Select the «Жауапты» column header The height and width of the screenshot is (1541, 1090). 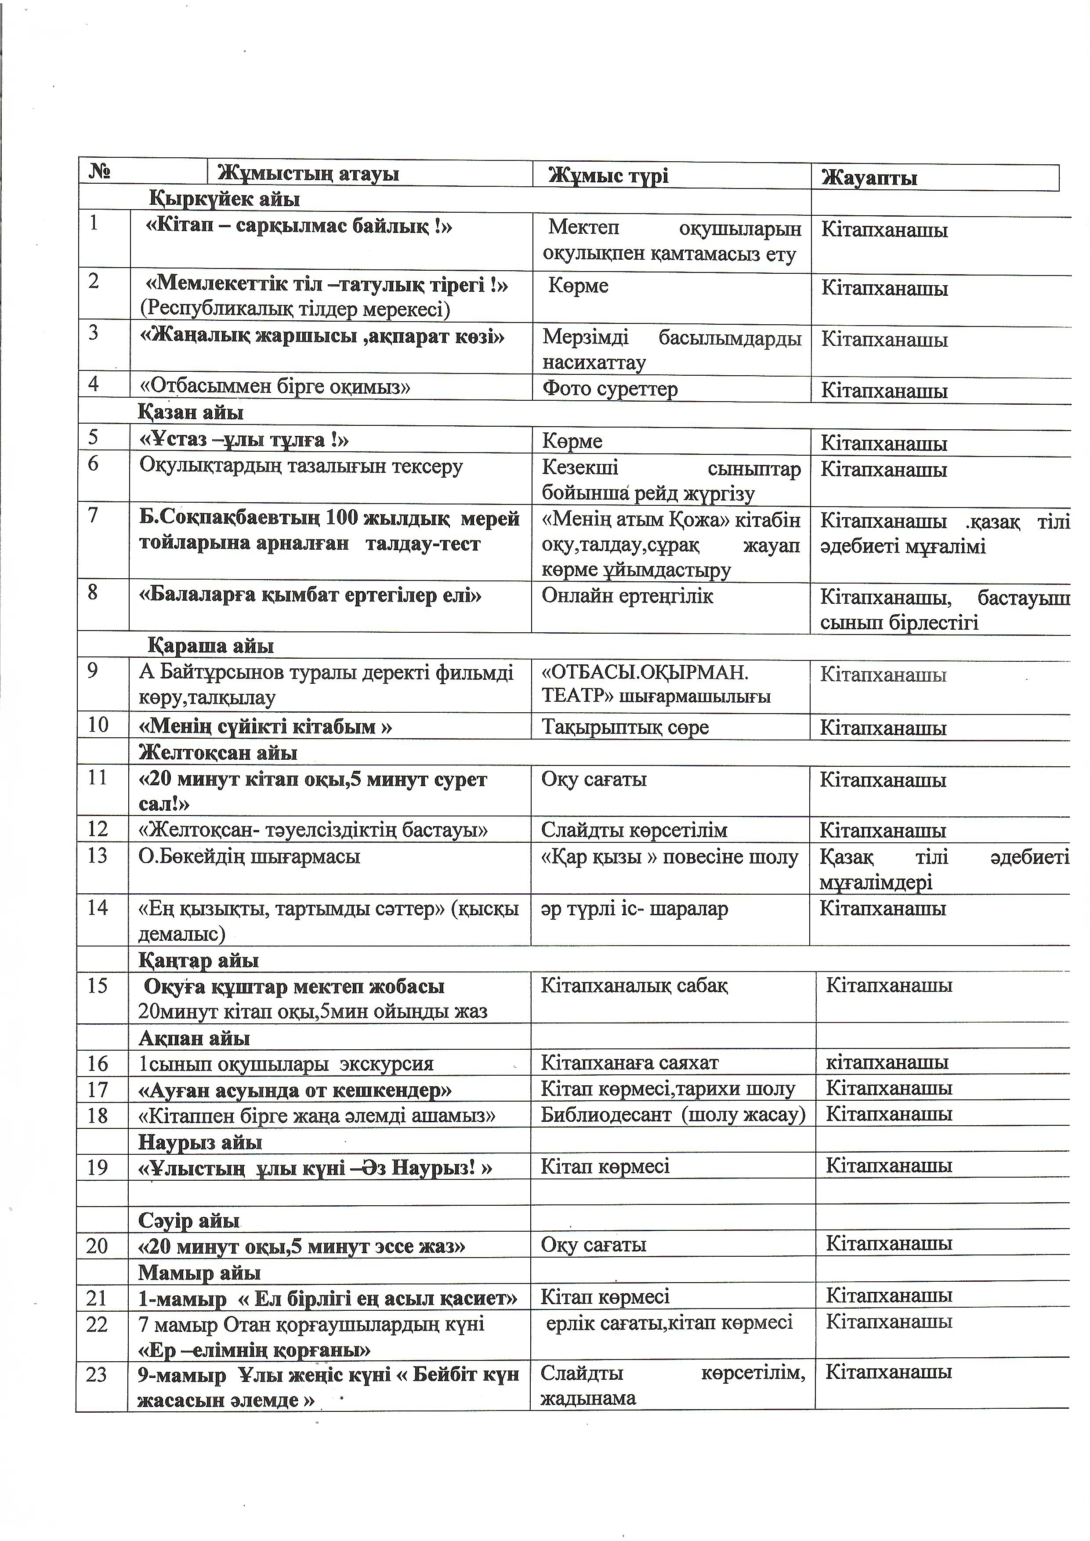point(869,178)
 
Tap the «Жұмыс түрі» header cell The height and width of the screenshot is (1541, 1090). point(608,176)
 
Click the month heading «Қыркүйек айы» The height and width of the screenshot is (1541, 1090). point(224,199)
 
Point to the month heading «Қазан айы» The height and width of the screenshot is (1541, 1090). point(191,412)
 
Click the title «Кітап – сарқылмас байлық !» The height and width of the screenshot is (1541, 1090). point(299,227)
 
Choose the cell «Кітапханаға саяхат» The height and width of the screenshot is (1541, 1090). point(630,1063)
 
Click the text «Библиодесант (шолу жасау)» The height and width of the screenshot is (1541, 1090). point(673,1115)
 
